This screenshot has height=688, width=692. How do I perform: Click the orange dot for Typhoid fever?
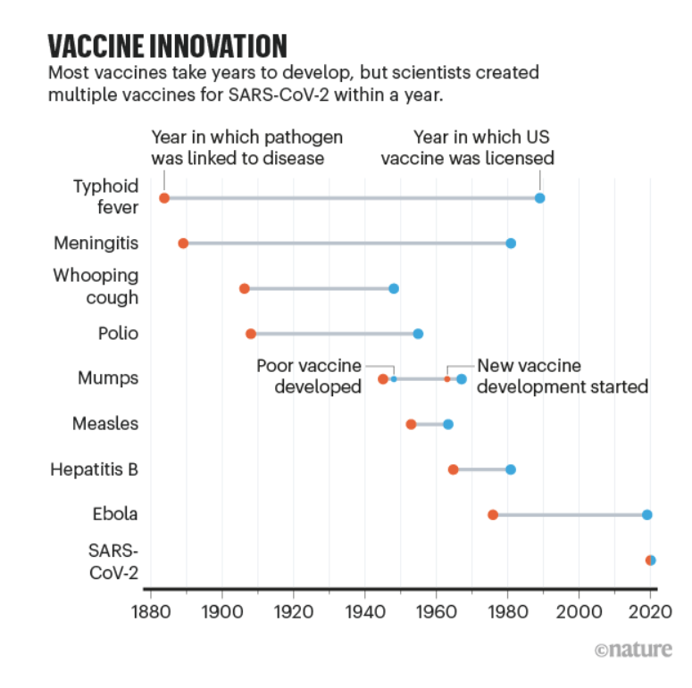point(164,198)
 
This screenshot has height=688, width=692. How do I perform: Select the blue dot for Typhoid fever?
point(539,198)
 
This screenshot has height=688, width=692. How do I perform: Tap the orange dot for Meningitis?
point(183,243)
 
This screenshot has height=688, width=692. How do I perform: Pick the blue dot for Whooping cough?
point(394,289)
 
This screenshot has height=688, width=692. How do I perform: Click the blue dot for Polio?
point(418,334)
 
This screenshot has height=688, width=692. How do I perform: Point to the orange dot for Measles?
point(411,424)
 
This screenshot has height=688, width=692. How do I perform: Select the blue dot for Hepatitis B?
point(511,469)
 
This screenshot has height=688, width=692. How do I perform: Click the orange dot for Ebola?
point(493,515)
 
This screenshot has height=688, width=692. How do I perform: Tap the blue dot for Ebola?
point(647,515)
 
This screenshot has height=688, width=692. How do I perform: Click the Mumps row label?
point(108,378)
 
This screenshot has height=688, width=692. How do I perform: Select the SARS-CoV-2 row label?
point(113,560)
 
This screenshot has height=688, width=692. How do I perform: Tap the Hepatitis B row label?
point(96,469)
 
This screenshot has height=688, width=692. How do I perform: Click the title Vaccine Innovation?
point(168,45)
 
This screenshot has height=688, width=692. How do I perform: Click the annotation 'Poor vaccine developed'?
point(309,377)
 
